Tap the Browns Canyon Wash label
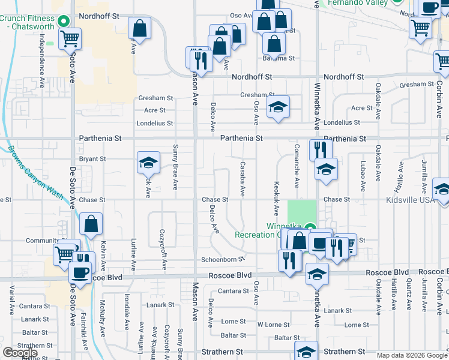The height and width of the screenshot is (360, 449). click(36, 175)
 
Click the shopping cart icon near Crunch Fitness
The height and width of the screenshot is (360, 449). click(70, 39)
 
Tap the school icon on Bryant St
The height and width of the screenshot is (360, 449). click(148, 163)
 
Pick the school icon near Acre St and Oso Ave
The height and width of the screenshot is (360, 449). click(278, 107)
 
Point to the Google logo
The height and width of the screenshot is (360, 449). click(20, 352)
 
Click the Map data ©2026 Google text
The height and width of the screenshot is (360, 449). click(412, 355)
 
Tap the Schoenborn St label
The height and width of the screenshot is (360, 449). click(221, 259)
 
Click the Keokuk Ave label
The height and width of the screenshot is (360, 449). click(276, 198)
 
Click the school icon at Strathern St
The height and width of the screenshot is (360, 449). click(306, 352)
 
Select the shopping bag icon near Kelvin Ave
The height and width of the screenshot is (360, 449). click(90, 225)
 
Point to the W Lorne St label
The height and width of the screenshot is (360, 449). click(273, 325)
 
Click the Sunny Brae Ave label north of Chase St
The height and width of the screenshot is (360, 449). click(175, 167)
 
